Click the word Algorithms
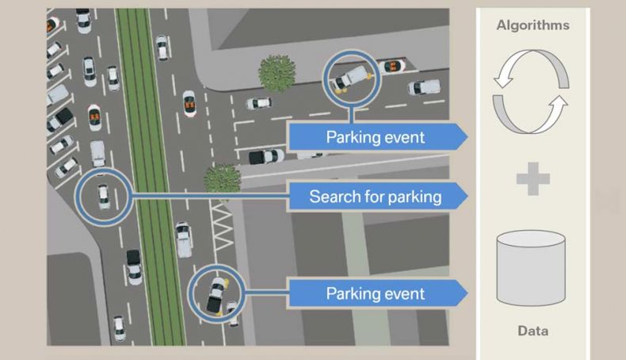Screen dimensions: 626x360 [532, 25]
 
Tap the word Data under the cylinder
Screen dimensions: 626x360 [532, 331]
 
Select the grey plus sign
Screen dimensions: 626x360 [533, 178]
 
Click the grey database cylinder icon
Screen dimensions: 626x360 [531, 268]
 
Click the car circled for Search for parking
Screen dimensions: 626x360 [103, 197]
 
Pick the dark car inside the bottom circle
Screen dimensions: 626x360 [216, 295]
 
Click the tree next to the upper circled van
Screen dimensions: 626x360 [277, 74]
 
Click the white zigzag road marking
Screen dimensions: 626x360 [222, 226]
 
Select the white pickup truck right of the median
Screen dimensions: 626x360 [184, 239]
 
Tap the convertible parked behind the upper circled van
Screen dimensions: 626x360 [391, 67]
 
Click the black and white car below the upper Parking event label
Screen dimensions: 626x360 [266, 156]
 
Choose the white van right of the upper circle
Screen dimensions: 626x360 [424, 87]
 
